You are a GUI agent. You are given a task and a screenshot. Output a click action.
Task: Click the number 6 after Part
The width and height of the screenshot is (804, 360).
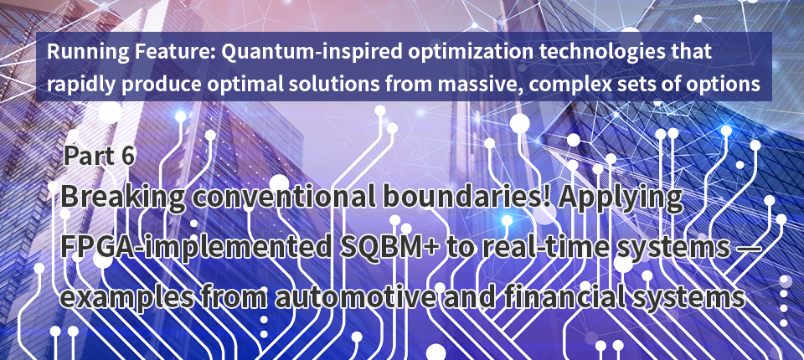(127, 156)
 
